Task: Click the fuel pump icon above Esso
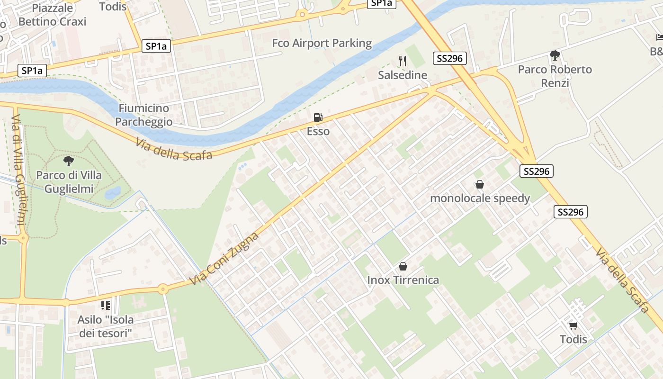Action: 318,117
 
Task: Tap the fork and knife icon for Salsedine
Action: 403,61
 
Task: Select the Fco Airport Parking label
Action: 322,43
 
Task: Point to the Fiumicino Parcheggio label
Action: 143,115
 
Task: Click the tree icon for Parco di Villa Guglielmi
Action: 69,161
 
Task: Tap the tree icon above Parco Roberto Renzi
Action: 555,55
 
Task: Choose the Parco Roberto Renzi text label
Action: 555,76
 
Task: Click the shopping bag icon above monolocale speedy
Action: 480,184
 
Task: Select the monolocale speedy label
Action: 480,198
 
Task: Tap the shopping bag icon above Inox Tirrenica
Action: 403,266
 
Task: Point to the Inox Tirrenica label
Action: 403,280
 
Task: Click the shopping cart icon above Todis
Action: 573,325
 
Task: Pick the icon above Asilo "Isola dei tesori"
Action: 105,306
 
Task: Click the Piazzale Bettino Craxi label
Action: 52,15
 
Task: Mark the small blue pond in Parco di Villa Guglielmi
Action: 113,192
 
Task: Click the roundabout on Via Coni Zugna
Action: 163,289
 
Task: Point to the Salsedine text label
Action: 403,75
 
